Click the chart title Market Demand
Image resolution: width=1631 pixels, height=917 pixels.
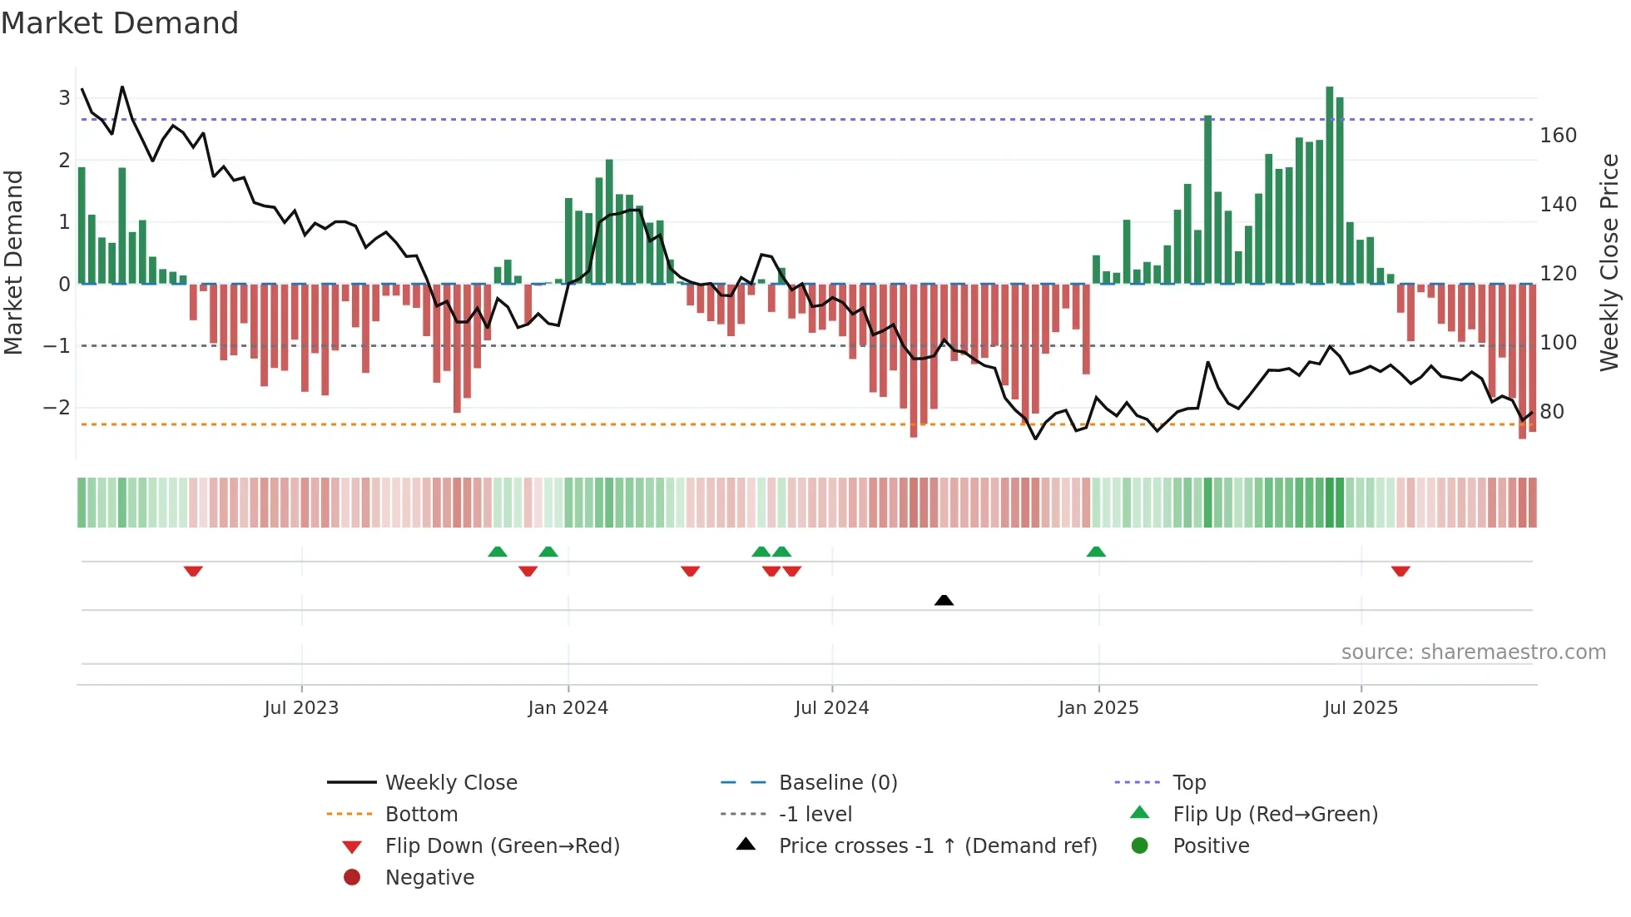[x=120, y=23]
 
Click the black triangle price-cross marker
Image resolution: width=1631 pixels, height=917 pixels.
[x=944, y=600]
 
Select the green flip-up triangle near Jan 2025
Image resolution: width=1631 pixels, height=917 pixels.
[x=1096, y=552]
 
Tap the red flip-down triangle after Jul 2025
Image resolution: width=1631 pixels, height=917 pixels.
[x=1400, y=571]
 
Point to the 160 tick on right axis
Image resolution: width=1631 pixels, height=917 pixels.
[x=1558, y=136]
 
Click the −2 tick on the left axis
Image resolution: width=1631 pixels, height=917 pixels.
[x=57, y=408]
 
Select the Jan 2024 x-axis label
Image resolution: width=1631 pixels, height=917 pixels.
[x=568, y=708]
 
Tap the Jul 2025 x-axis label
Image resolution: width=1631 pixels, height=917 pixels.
[x=1361, y=708]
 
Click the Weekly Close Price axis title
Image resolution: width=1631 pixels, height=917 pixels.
[x=1609, y=262]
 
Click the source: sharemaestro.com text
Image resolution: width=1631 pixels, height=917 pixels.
[x=1473, y=652]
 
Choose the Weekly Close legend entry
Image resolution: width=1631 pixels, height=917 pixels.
[x=451, y=783]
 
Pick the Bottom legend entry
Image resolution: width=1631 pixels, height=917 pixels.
[x=421, y=815]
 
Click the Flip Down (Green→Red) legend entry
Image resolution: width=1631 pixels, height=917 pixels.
[x=502, y=846]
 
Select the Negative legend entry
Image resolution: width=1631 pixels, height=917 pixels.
[x=429, y=878]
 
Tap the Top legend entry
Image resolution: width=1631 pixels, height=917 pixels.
[x=1189, y=783]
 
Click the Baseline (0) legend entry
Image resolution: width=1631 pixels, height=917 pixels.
[x=837, y=783]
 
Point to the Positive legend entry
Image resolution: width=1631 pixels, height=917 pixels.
[x=1211, y=846]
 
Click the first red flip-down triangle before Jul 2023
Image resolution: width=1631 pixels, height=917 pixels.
[x=193, y=571]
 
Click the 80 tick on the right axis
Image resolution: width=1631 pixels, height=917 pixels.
[x=1551, y=412]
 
